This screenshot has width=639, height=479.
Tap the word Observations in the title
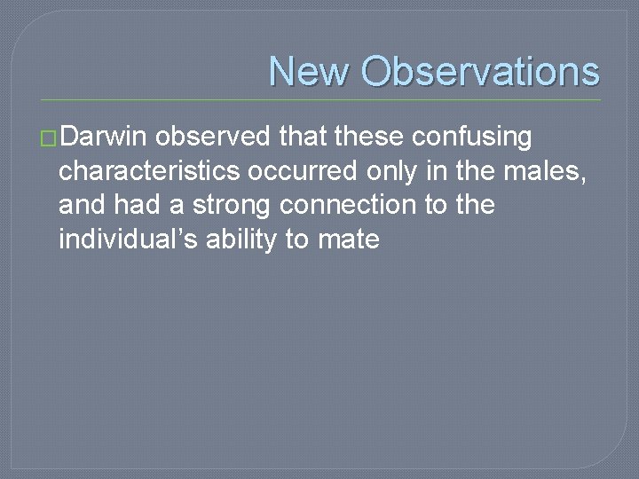coord(480,72)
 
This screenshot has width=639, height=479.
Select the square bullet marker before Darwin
coord(50,139)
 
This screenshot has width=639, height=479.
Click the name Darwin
coord(106,137)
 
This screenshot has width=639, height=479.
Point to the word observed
coord(214,137)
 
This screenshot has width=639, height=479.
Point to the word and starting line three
coord(82,205)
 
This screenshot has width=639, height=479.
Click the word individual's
coord(128,239)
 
